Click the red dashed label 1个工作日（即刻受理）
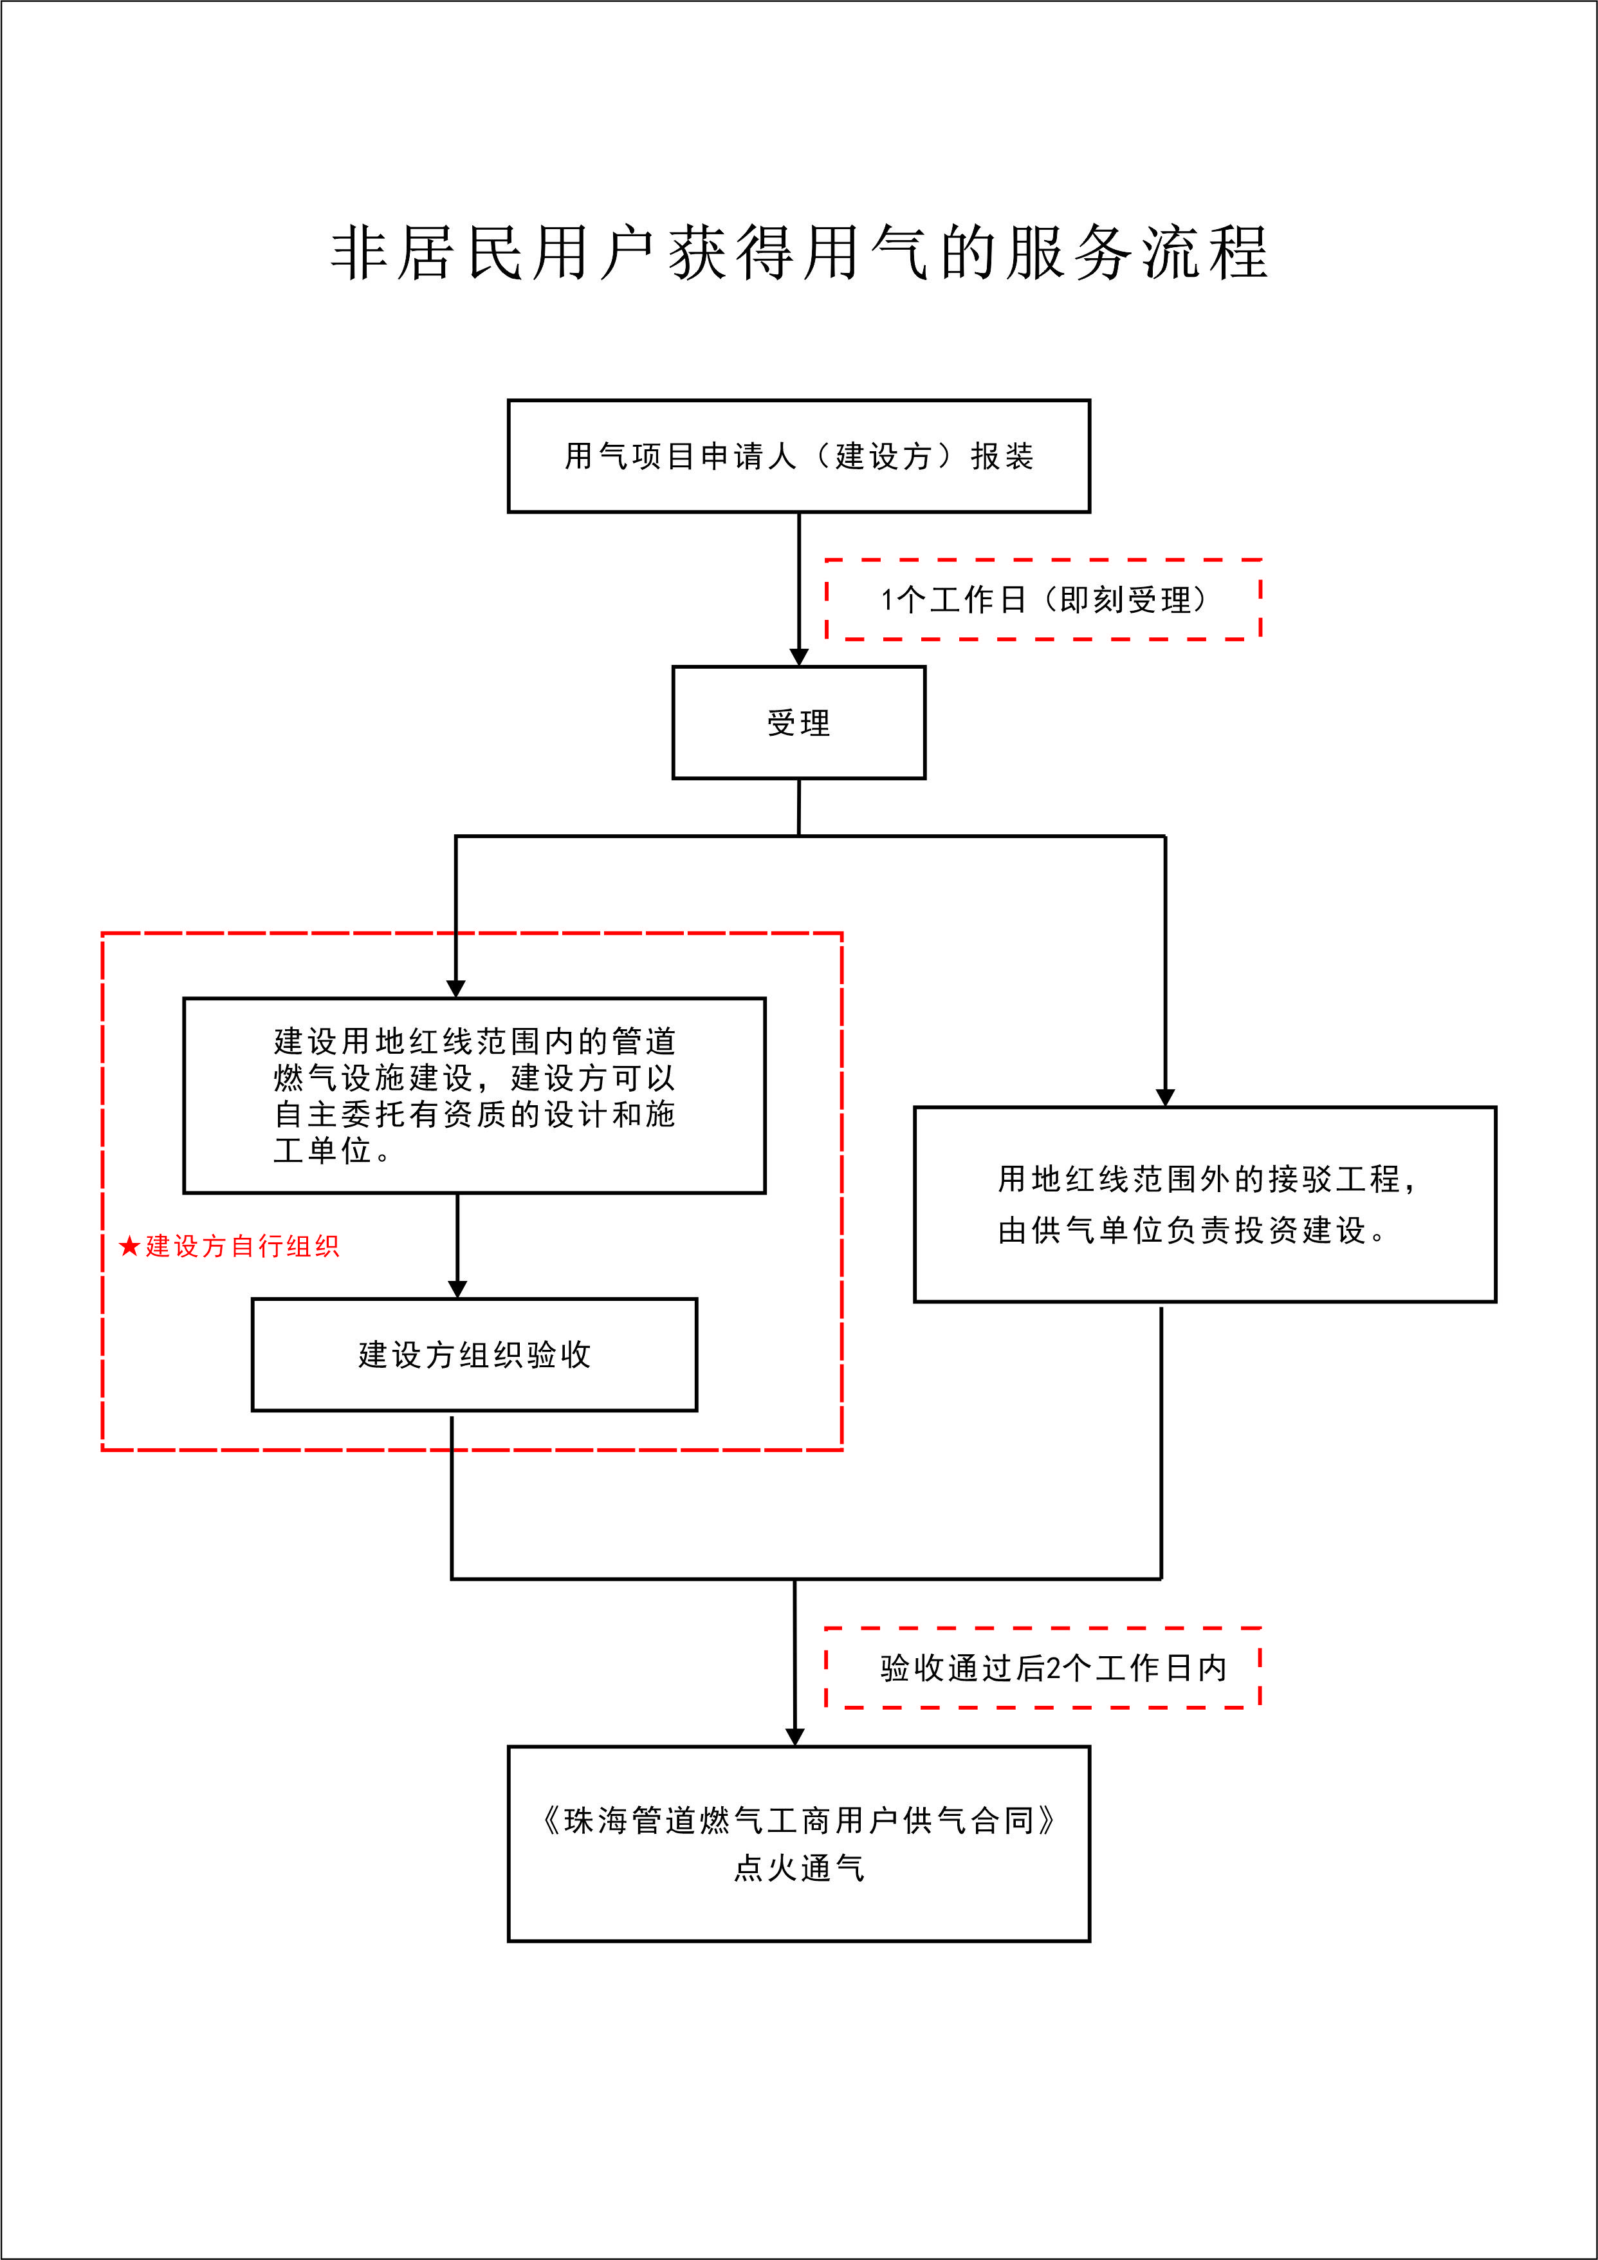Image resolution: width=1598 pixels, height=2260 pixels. [x=1043, y=599]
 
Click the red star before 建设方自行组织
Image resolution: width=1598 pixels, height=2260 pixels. [x=129, y=1246]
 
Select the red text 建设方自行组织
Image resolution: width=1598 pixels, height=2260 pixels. [x=242, y=1246]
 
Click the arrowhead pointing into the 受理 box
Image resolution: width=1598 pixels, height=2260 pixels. [x=799, y=657]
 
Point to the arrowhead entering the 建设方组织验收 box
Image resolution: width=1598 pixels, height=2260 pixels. [x=457, y=1289]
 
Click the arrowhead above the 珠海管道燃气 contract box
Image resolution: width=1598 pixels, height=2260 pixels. [x=795, y=1737]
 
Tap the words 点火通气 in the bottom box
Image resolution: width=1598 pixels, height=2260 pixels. [x=799, y=1867]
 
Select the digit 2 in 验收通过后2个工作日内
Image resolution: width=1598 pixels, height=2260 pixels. [x=1054, y=1667]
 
